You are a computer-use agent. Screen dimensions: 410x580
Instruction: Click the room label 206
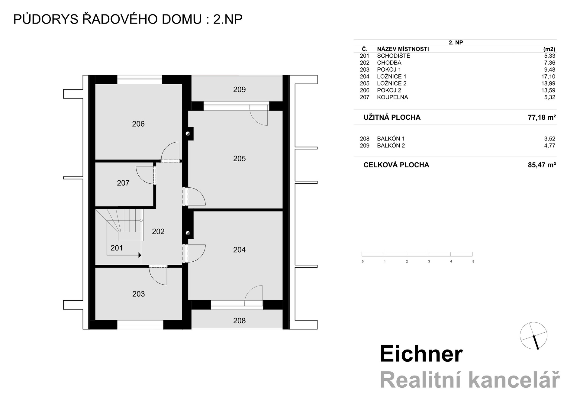138,124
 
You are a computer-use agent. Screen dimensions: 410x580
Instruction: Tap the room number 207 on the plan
123,183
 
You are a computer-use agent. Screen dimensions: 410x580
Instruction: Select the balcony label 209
239,90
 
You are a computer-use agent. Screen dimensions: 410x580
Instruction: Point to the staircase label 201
117,248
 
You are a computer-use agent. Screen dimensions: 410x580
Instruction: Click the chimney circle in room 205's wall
188,134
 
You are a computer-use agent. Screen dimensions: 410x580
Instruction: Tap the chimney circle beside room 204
188,233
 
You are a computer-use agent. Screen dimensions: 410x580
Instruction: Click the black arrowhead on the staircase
140,255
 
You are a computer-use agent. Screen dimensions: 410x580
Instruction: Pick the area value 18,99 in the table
549,83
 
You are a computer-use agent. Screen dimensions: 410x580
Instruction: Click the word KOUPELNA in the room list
392,97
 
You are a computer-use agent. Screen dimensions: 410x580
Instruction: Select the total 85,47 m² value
542,165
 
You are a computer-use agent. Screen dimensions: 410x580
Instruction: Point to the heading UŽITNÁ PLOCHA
392,118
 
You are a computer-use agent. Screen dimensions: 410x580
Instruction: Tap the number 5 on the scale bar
473,262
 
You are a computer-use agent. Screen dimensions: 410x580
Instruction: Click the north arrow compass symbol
533,336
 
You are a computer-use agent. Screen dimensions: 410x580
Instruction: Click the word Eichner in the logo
421,354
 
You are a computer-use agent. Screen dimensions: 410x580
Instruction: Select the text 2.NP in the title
228,20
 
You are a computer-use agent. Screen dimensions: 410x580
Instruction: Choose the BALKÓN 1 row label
391,139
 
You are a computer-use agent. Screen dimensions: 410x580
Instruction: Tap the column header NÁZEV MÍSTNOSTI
403,49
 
